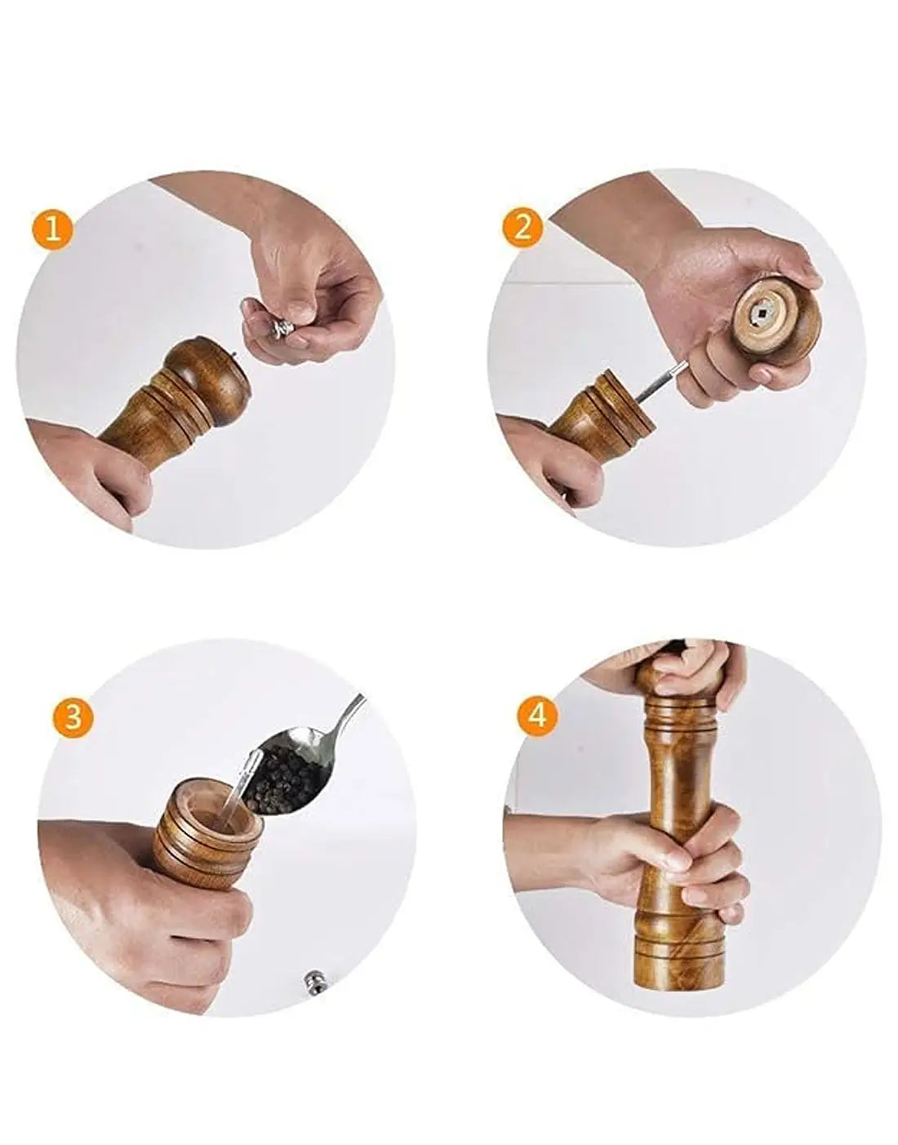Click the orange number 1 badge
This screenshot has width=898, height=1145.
coord(52,231)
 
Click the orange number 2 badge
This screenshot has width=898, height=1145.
coord(522,229)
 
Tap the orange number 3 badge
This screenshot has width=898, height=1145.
coord(73,717)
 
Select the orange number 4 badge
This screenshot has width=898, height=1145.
coord(536,717)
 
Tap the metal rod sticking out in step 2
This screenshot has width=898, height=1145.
coord(662,383)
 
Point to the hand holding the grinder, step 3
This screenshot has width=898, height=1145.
coord(142,907)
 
